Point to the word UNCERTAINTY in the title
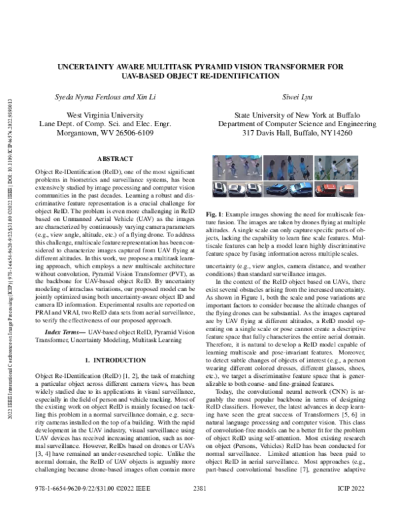[89, 67]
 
